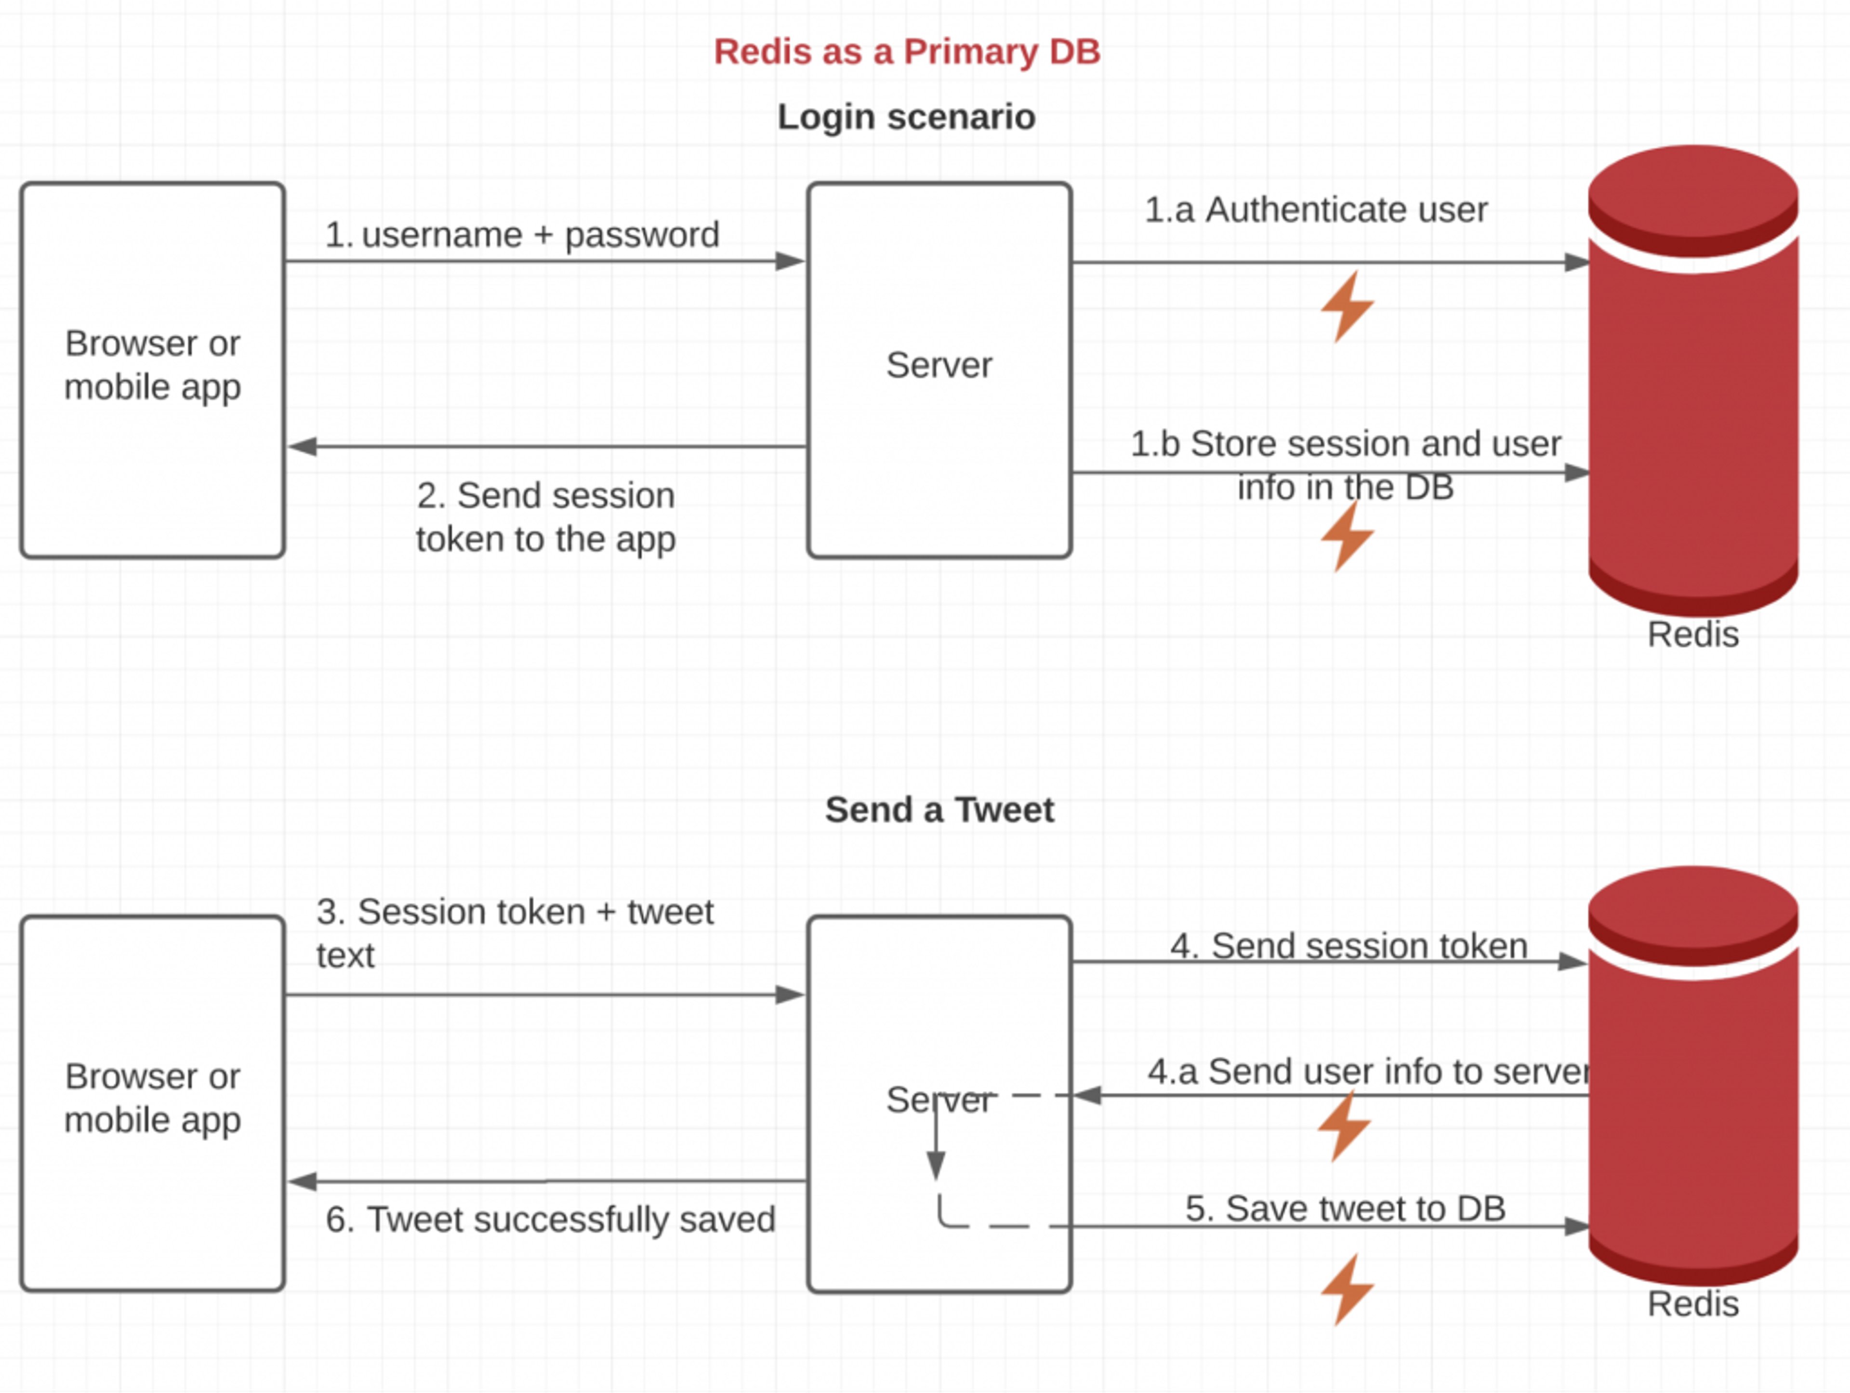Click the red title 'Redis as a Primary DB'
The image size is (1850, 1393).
[x=907, y=52]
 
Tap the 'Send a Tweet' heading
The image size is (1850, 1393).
[x=939, y=810]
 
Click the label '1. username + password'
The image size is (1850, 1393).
[x=522, y=235]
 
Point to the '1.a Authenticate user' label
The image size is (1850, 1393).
[x=1316, y=210]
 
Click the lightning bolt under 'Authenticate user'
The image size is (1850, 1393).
[x=1347, y=306]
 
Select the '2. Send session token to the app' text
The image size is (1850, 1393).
[x=545, y=517]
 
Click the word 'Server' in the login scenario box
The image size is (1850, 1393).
[x=939, y=366]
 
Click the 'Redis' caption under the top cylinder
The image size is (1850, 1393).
[x=1693, y=634]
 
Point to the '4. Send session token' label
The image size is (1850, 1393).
[x=1348, y=946]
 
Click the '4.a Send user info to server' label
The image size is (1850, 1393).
[x=1368, y=1072]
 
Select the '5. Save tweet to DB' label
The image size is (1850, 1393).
[x=1345, y=1208]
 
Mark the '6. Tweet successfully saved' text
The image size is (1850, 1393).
[x=550, y=1220]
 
